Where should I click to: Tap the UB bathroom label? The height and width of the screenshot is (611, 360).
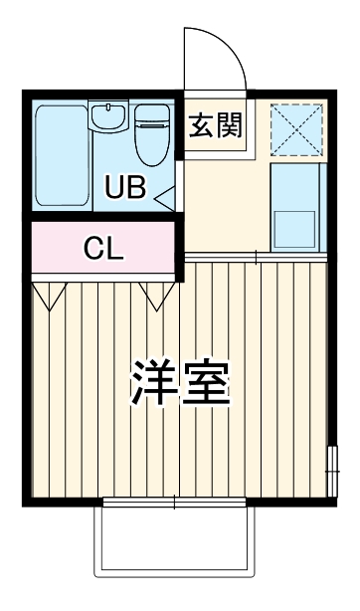(x=126, y=186)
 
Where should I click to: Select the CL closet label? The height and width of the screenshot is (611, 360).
(x=102, y=248)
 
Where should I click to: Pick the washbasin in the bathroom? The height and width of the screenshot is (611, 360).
(x=105, y=118)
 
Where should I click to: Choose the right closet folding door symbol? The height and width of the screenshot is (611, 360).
(x=157, y=295)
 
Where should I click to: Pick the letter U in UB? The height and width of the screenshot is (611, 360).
(x=115, y=186)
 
